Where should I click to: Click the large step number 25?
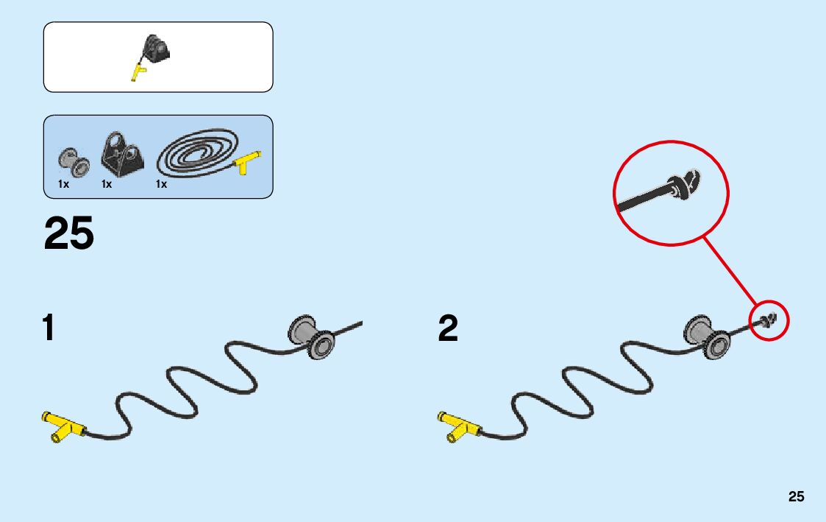(69, 233)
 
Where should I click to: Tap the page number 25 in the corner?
(796, 497)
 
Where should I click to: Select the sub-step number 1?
(49, 328)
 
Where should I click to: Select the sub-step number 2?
(447, 328)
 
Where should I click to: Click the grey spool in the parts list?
(73, 160)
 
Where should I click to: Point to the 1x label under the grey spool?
(64, 184)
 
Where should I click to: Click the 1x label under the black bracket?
(107, 184)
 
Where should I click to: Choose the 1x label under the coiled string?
(161, 184)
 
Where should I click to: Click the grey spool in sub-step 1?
(311, 336)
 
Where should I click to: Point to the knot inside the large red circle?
(683, 187)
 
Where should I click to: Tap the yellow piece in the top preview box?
(138, 72)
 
